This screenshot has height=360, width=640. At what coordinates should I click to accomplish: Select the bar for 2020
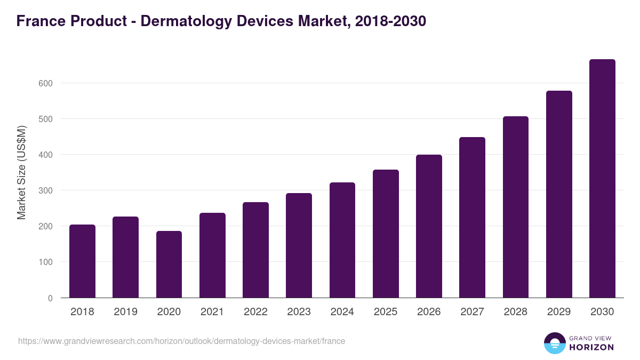(169, 265)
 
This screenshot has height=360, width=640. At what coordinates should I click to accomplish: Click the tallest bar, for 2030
(602, 179)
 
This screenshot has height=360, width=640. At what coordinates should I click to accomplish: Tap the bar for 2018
(82, 261)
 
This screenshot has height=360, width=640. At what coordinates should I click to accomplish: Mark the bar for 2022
(255, 250)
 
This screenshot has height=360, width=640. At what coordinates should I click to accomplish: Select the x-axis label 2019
(125, 312)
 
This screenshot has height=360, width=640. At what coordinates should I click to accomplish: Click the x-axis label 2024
(342, 312)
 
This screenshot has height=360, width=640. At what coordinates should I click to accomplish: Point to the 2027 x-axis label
(472, 312)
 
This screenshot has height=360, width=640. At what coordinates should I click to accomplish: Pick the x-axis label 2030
(602, 312)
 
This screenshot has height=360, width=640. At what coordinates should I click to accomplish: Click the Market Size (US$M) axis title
(21, 172)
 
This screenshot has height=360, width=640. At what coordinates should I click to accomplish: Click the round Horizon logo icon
(554, 343)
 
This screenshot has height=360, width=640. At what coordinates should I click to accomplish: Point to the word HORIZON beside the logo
(591, 347)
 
